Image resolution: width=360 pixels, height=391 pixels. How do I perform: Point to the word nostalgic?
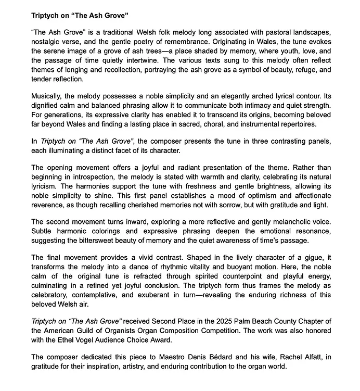(x=47, y=42)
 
